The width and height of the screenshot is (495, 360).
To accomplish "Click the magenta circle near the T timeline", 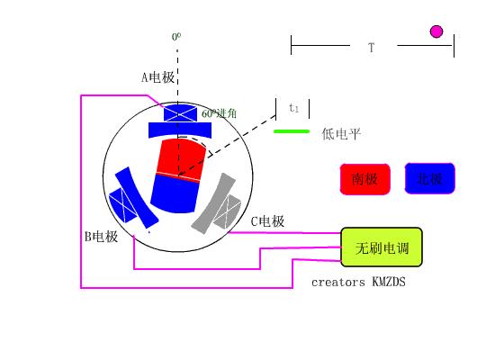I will [436, 31].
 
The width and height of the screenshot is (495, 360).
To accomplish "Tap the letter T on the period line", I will [371, 47].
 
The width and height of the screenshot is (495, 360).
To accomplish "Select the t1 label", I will [293, 108].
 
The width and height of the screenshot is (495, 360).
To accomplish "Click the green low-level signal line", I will [291, 131].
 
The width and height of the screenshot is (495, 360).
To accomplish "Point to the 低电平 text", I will [341, 134].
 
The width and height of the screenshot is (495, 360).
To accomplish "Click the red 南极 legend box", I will [364, 179].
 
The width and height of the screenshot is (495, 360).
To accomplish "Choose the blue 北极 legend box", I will [430, 179].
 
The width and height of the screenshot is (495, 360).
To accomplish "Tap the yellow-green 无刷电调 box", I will [381, 247].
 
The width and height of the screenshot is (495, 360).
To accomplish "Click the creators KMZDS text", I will [358, 282].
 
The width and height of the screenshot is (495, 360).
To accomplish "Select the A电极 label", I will [157, 78].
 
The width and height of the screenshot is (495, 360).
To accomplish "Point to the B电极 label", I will [101, 237].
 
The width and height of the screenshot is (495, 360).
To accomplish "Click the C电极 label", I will [267, 221].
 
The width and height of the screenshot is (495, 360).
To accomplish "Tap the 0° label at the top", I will [176, 37].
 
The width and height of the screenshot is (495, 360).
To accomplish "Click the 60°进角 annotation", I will [220, 113].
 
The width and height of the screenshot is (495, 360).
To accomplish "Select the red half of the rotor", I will [180, 158].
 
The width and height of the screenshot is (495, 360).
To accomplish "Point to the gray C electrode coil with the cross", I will [229, 208].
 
